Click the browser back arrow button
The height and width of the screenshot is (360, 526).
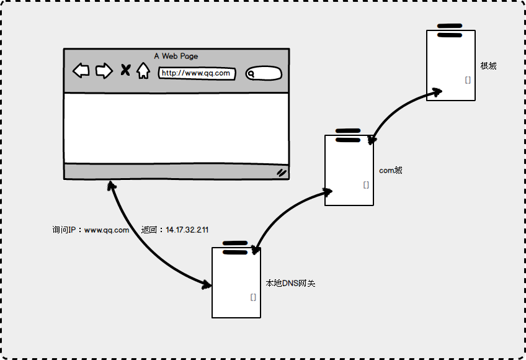coord(81,71)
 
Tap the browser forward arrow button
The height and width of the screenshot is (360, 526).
coord(104,71)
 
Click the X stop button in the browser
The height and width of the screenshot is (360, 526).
coord(125,70)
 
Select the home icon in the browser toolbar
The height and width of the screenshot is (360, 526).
coord(143,71)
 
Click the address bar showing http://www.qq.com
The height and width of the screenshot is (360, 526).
coord(197,73)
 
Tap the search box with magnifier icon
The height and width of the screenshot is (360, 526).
coord(264,74)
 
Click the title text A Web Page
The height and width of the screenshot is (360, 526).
coord(176,56)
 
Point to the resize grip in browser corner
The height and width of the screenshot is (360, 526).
coord(282,173)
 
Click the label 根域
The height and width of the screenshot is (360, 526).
coord(488,66)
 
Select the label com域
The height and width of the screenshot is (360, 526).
coord(391,170)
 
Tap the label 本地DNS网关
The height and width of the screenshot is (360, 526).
coord(290,284)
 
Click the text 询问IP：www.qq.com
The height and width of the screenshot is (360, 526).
coord(91,230)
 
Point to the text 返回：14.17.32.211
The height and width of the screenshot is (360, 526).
coord(175,230)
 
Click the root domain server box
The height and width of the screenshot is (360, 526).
coord(451,65)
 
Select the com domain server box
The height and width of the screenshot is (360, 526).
coord(349,170)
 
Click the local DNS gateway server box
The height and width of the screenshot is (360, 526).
coord(236,282)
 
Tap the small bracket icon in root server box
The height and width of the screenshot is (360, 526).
coord(468,80)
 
